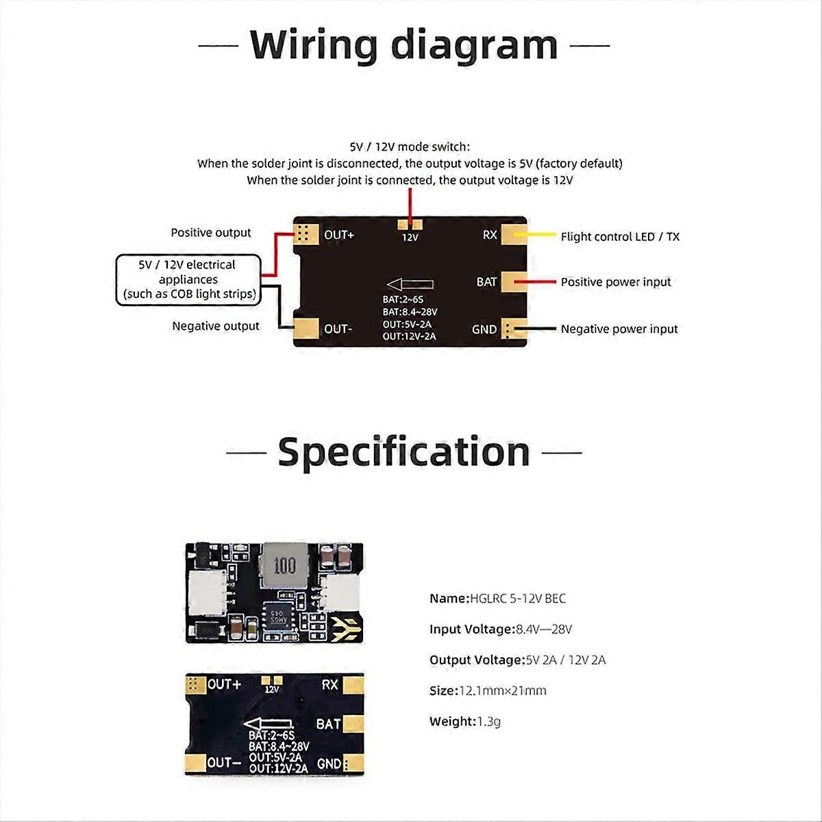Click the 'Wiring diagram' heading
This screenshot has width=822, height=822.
click(x=404, y=45)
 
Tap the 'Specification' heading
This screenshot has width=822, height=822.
click(x=404, y=452)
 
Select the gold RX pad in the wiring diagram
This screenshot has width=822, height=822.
click(x=513, y=234)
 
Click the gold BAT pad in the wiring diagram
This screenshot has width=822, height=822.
click(x=513, y=282)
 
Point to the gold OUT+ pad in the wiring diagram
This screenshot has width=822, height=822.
click(x=305, y=234)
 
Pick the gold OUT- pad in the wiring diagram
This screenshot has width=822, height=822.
click(x=305, y=329)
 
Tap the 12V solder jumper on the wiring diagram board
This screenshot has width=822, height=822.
click(x=410, y=224)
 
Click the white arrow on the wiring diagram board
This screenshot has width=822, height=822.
click(x=409, y=284)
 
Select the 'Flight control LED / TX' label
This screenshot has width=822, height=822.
click(x=620, y=237)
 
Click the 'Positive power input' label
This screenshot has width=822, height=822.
click(x=616, y=282)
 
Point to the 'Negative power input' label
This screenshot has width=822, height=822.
click(x=619, y=329)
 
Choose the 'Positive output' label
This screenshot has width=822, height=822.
click(x=211, y=233)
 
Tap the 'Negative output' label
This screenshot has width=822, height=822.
click(x=216, y=327)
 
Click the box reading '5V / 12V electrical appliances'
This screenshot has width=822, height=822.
click(x=188, y=279)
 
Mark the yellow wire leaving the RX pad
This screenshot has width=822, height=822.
click(x=541, y=234)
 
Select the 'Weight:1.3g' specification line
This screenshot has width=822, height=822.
click(x=465, y=721)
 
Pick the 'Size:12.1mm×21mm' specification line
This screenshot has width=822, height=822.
click(x=488, y=690)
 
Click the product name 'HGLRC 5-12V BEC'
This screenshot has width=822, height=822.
click(x=518, y=599)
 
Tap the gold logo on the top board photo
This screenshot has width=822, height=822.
click(x=343, y=624)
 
